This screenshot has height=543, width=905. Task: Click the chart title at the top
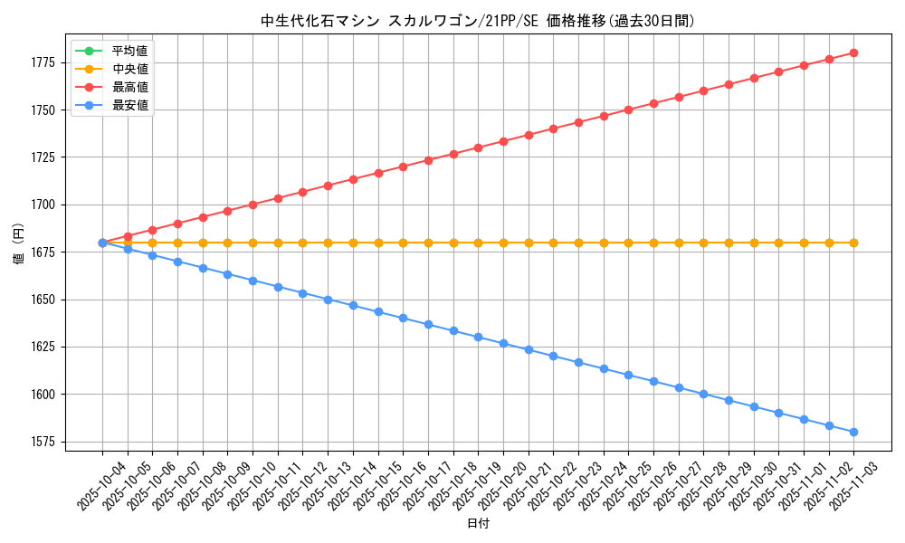tap(477, 21)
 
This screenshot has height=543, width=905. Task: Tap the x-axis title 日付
tap(478, 524)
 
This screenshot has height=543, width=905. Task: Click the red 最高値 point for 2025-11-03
tap(853, 52)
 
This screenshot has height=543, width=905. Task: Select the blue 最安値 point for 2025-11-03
tap(853, 432)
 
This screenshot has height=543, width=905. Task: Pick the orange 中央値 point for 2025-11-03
tap(853, 243)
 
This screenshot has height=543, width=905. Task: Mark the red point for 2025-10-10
tap(252, 205)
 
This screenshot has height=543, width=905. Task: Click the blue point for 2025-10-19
tap(478, 337)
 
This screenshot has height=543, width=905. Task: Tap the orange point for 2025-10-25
tap(628, 243)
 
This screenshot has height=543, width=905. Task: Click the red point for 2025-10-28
tap(703, 90)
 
